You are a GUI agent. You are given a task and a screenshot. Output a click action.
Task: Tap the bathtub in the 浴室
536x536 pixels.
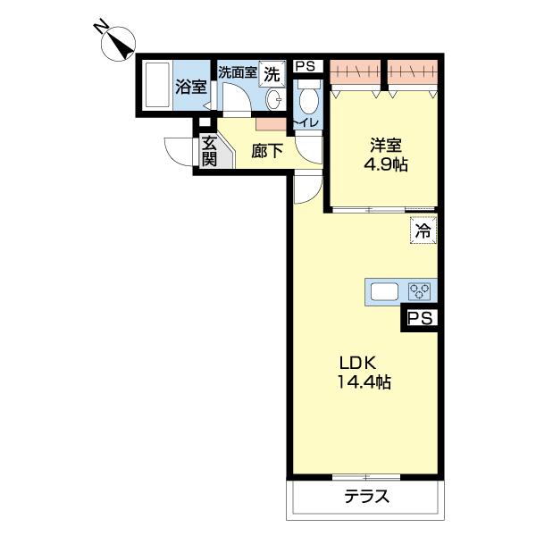pyautogui.click(x=157, y=85)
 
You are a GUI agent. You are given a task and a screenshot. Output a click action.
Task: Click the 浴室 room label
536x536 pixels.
pyautogui.click(x=191, y=87)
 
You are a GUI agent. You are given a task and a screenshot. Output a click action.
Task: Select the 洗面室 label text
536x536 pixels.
pyautogui.click(x=238, y=72)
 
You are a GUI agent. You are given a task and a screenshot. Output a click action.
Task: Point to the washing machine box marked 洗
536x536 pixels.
pyautogui.click(x=272, y=73)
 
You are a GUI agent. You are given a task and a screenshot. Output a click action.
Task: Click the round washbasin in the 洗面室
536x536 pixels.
pyautogui.click(x=274, y=99)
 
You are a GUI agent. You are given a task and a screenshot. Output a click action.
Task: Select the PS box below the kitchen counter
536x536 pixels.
pyautogui.click(x=421, y=319)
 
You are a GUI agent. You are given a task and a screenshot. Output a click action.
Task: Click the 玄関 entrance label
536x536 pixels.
pyautogui.click(x=209, y=151)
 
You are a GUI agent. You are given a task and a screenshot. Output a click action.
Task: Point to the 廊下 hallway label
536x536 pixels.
pyautogui.click(x=267, y=151)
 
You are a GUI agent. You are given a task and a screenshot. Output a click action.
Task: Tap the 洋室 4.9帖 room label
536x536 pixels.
pyautogui.click(x=386, y=155)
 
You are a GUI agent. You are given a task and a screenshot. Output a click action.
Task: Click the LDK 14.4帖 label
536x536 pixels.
pyautogui.click(x=364, y=373)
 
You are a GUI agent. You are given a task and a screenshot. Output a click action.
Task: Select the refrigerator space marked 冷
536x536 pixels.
pyautogui.click(x=423, y=230)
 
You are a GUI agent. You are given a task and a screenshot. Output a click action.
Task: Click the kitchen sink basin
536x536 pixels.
pyautogui.click(x=385, y=291)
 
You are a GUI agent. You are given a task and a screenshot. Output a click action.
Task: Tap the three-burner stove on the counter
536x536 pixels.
pyautogui.click(x=419, y=291)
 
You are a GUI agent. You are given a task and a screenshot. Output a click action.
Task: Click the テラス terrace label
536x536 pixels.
pyautogui.click(x=367, y=496)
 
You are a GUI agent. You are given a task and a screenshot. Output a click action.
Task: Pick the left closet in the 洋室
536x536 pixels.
pyautogui.click(x=356, y=71)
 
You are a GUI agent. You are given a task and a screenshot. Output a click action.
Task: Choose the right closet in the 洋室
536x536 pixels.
pyautogui.click(x=413, y=71)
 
